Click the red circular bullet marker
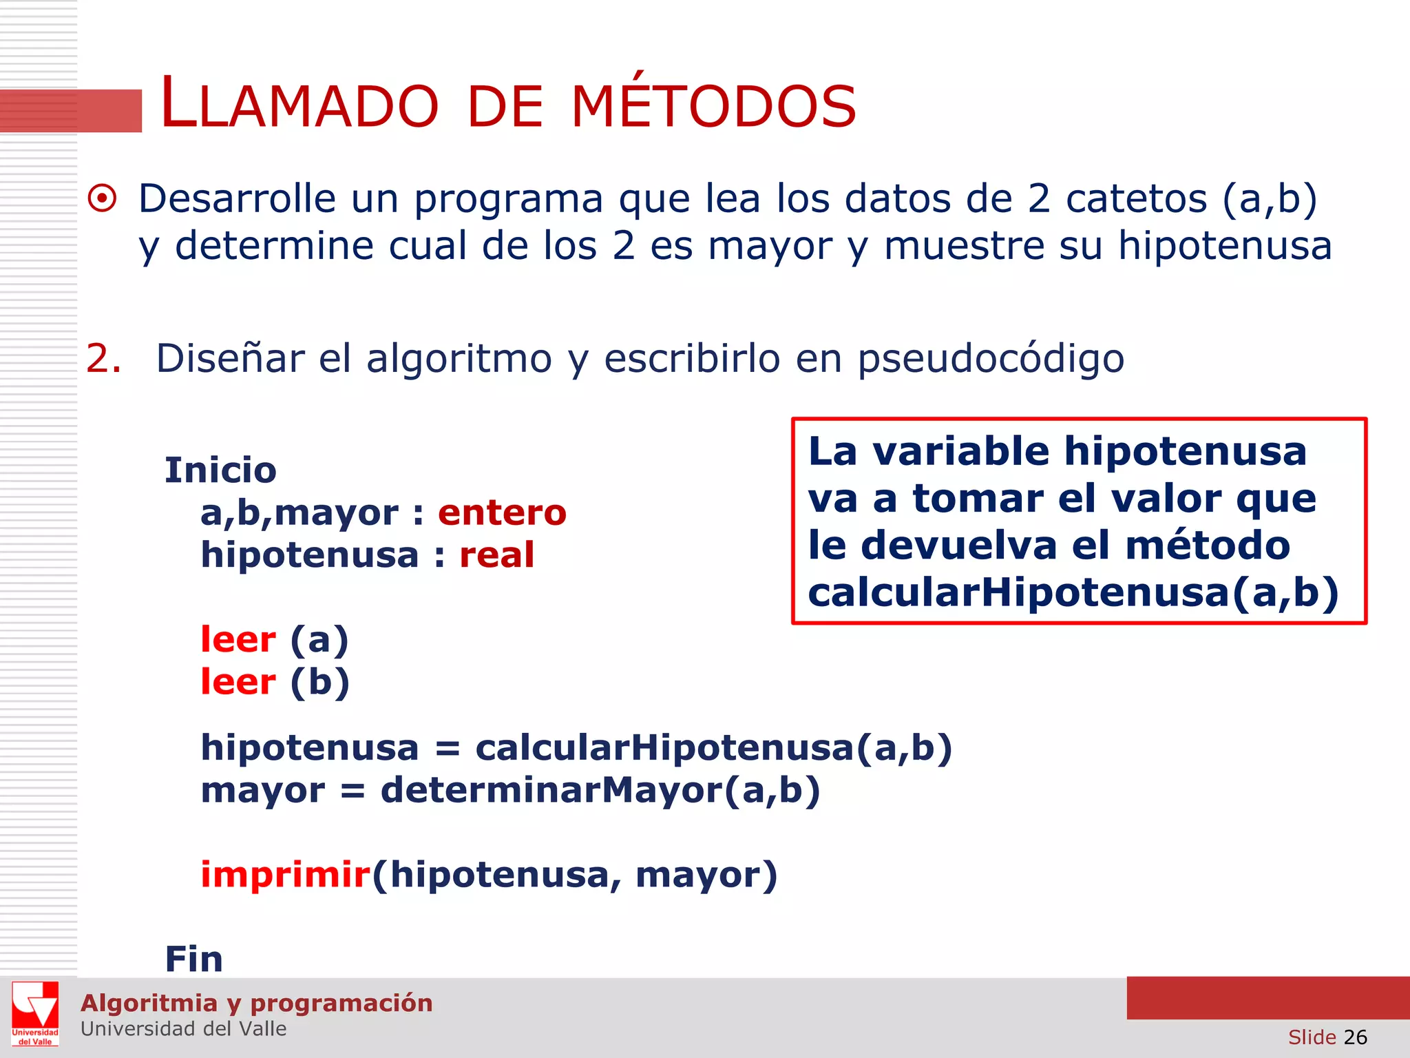tap(103, 200)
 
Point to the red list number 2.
tap(103, 359)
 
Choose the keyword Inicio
tap(220, 470)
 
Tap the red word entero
tap(502, 513)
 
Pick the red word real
tap(496, 555)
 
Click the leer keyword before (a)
tap(238, 640)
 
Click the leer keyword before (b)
tap(238, 682)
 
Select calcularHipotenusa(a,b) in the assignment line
tap(713, 748)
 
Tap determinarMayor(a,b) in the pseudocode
tap(600, 790)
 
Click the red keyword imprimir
tap(286, 875)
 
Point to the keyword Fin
tap(193, 959)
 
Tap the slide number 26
tap(1355, 1037)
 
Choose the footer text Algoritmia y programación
tap(256, 1003)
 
